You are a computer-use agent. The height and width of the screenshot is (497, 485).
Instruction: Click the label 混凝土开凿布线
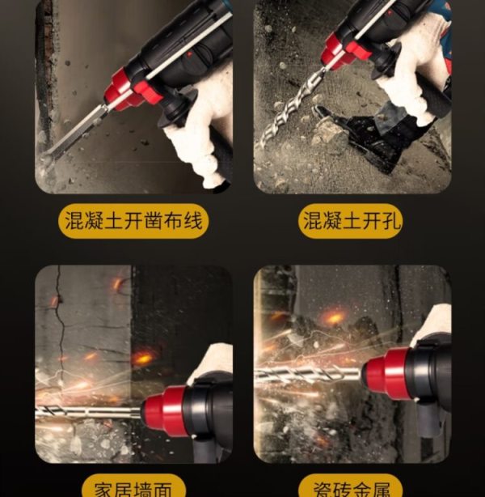[133, 221]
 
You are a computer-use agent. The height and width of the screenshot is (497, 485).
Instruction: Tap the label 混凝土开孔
[352, 221]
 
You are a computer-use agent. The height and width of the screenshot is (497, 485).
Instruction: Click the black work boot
[361, 136]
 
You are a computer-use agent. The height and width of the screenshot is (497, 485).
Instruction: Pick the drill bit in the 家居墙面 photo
[89, 412]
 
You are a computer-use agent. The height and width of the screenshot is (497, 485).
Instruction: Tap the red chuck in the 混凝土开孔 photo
[345, 51]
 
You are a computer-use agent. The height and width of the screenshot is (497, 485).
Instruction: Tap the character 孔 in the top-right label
[391, 221]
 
